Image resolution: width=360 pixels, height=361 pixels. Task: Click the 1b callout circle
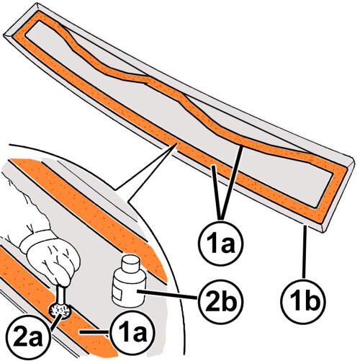click(304, 300)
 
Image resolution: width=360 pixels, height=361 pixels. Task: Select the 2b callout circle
click(221, 301)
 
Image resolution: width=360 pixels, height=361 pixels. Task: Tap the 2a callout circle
click(27, 339)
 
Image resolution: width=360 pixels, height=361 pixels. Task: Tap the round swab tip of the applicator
click(60, 311)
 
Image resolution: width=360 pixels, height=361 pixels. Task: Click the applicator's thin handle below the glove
click(62, 295)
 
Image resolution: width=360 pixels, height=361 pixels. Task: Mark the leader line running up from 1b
click(305, 251)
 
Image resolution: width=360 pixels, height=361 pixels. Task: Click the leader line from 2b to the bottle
click(167, 295)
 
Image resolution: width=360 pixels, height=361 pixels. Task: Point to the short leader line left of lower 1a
click(95, 332)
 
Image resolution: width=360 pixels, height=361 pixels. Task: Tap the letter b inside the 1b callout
click(311, 301)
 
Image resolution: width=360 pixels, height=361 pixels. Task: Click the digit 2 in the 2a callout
click(19, 339)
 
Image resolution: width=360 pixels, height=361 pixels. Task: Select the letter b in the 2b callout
click(228, 301)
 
